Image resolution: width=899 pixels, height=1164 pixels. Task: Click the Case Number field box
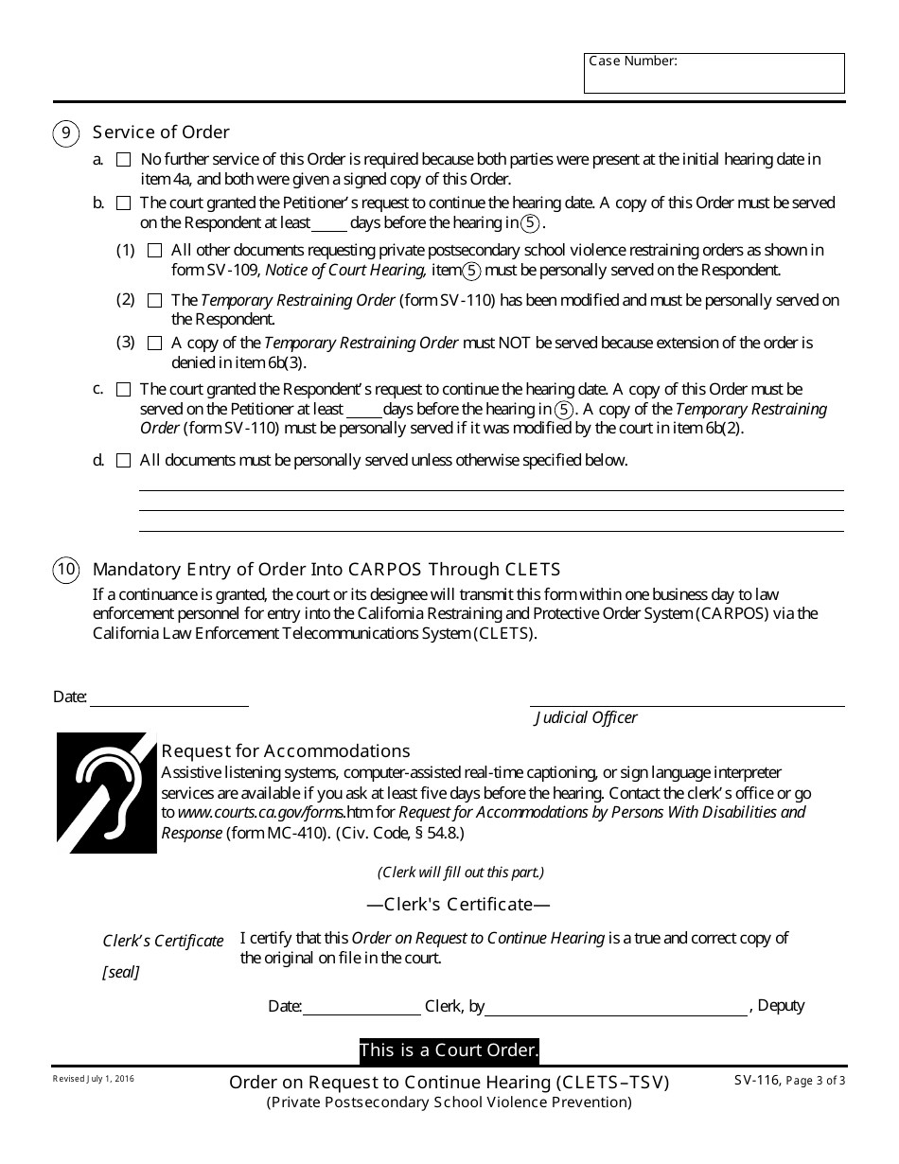(714, 74)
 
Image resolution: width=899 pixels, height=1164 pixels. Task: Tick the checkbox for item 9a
(123, 160)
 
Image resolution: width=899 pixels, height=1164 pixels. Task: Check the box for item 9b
(123, 203)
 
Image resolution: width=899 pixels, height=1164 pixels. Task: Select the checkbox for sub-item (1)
(154, 251)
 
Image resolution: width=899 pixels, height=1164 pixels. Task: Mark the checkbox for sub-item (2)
(154, 301)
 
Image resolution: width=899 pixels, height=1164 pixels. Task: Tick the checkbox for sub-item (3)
(154, 344)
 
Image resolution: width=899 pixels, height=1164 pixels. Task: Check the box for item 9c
(123, 390)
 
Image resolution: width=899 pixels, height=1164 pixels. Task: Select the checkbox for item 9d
(123, 461)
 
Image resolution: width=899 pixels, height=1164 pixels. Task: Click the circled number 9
(65, 132)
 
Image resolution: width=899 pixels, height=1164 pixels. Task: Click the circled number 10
(65, 570)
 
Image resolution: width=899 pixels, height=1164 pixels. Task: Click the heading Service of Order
(161, 132)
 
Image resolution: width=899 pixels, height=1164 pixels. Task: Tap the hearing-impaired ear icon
(106, 792)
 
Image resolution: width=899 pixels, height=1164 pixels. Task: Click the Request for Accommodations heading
(285, 751)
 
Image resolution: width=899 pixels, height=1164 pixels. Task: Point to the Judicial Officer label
(586, 717)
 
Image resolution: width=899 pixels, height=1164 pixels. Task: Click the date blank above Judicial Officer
(168, 697)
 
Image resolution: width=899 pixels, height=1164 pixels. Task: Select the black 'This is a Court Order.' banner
(449, 1050)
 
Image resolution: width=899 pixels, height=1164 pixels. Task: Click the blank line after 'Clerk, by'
(615, 1007)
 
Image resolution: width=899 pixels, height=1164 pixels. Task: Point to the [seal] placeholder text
(120, 972)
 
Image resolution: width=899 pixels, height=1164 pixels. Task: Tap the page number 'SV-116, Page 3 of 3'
(788, 1080)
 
